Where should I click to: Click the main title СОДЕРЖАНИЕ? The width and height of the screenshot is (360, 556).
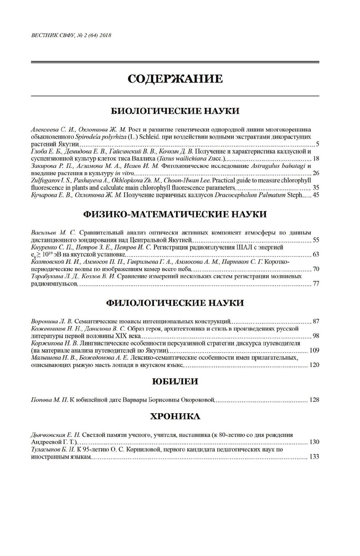pos(175,79)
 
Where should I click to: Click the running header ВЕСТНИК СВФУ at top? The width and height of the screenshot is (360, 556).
pos(71,36)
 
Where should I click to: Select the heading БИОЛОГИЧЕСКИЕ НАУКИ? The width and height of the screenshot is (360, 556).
pos(175,111)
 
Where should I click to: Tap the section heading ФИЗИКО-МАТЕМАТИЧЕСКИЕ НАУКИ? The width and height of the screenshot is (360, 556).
pos(175,214)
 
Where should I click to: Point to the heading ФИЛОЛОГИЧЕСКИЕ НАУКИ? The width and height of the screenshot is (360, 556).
pos(175,303)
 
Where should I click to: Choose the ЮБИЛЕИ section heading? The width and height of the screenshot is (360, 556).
pos(175,382)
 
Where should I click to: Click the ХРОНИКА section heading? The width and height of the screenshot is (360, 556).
pos(175,417)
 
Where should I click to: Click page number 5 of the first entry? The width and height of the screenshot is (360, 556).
pos(318,144)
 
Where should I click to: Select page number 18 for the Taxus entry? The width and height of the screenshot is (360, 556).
pos(316,159)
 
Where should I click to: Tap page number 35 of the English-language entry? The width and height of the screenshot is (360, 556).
pos(316,188)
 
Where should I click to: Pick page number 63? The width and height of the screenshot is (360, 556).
pos(316,254)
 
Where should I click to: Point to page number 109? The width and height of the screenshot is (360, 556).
pos(314,350)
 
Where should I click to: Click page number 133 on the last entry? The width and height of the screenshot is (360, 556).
pos(314,456)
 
